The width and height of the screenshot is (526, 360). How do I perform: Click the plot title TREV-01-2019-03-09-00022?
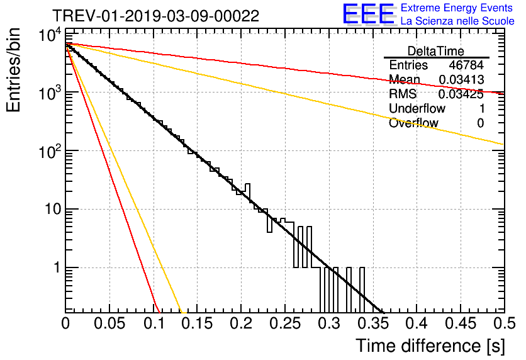[155, 16]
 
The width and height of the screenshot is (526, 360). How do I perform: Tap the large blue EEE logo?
[368, 14]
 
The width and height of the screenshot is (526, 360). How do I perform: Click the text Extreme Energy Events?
[456, 8]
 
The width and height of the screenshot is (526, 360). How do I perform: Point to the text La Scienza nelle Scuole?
[457, 21]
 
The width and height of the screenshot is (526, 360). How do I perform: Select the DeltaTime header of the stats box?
[436, 51]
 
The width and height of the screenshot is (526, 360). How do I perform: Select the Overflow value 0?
[480, 123]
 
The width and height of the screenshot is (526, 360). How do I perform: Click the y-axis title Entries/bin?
[18, 70]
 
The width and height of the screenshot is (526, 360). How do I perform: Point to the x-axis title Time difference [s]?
[430, 346]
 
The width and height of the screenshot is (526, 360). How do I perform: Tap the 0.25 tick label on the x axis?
[284, 323]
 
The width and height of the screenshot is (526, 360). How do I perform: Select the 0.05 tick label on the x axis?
[109, 323]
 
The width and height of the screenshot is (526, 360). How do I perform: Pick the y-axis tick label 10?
[50, 210]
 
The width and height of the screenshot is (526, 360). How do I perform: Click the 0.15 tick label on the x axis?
[197, 323]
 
